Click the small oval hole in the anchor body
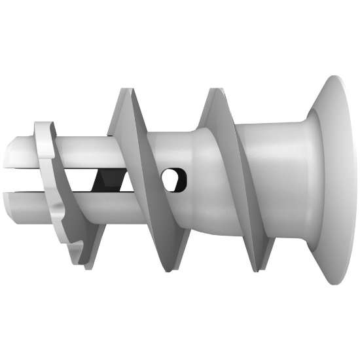(x=173, y=179)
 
